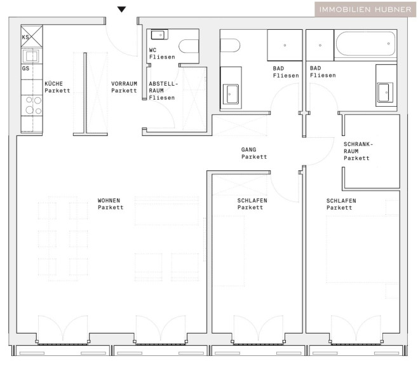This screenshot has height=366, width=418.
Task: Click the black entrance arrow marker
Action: [x=121, y=10]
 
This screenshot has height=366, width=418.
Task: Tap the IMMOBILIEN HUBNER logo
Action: [x=365, y=10]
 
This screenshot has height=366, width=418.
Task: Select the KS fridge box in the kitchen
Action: [x=32, y=36]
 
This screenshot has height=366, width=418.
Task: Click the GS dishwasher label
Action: [x=25, y=68]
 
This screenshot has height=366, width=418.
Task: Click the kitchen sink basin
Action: [x=31, y=56]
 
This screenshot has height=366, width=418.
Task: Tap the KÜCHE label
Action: [x=53, y=83]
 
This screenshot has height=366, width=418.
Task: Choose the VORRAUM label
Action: [x=124, y=83]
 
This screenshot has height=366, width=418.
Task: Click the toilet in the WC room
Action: [x=189, y=46]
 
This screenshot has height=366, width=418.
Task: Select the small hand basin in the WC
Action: [x=159, y=35]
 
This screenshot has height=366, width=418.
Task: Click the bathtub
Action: [x=365, y=44]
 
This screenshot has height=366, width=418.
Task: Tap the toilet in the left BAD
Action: [x=230, y=46]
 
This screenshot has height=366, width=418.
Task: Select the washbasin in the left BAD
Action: [x=231, y=94]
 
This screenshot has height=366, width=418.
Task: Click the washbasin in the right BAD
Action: [x=385, y=93]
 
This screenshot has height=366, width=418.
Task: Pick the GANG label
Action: [x=249, y=149]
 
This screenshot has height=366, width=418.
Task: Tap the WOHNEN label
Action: [x=109, y=200]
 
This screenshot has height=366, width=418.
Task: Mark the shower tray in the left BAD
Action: [x=285, y=45]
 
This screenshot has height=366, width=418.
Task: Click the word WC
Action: [x=152, y=50]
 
